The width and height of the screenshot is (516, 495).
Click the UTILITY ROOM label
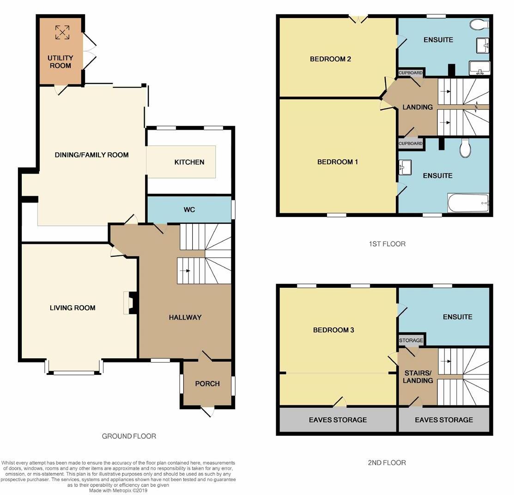[61, 62]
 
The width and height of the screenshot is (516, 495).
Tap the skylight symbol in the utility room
[62, 32]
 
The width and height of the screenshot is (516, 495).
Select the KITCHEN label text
[189, 162]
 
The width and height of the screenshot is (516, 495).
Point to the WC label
[189, 210]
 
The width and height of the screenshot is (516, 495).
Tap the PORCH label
[207, 384]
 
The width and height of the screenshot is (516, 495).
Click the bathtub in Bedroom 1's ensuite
[467, 203]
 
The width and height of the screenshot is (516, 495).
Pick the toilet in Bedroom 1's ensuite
[465, 148]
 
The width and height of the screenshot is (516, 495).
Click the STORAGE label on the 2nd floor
[411, 340]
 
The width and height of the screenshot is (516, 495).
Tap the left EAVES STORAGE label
[337, 420]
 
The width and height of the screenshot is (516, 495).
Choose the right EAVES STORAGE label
[443, 420]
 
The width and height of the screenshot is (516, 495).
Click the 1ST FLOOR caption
[387, 244]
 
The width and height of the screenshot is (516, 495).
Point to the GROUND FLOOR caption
[129, 436]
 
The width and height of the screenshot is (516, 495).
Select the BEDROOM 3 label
[333, 330]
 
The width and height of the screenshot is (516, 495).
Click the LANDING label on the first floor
[417, 107]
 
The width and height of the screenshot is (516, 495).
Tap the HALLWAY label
[185, 317]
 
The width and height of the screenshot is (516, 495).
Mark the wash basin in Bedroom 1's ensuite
[405, 168]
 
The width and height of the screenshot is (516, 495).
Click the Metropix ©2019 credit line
[118, 490]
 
